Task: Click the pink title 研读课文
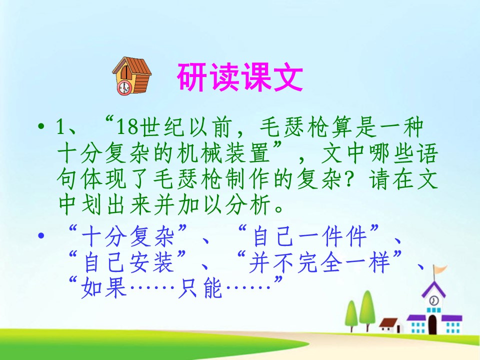point(239,78)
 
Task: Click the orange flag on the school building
point(440,270)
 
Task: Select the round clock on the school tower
point(434,300)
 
